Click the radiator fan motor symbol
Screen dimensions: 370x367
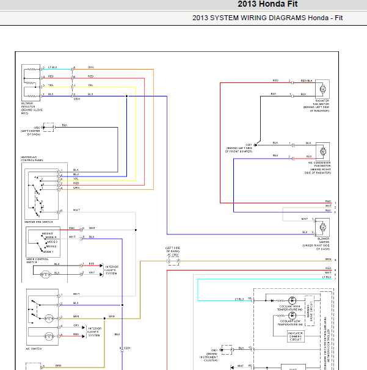(322, 87)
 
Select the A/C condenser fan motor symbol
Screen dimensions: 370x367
(322, 150)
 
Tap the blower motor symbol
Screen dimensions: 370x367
(322, 227)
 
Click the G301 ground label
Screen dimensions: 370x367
(249, 145)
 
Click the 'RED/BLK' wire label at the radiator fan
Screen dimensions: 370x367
(306, 81)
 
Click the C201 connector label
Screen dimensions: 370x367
(127, 347)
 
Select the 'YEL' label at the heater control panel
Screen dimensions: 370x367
(76, 179)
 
